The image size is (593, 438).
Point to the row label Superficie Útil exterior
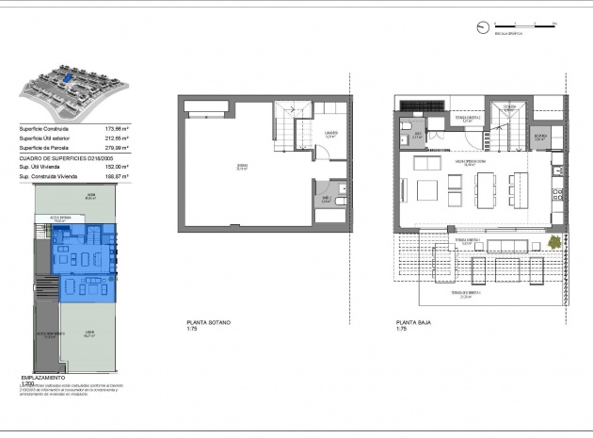[43, 138]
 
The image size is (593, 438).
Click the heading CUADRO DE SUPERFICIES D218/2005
[56, 156]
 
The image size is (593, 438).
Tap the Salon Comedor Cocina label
[468, 162]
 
